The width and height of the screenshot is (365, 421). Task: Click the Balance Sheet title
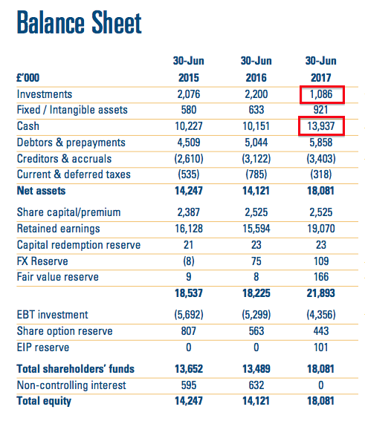[79, 22]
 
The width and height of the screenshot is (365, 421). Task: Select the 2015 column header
[189, 78]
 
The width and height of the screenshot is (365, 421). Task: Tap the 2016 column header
[256, 78]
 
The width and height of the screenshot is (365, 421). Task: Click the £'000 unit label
[28, 78]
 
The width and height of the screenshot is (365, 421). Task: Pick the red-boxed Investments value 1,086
[321, 94]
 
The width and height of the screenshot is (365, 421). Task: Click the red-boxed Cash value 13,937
[321, 126]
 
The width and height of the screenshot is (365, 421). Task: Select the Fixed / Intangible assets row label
[72, 110]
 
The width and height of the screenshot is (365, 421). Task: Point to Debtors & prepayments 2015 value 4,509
[189, 143]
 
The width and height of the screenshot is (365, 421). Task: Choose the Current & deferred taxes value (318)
[321, 174]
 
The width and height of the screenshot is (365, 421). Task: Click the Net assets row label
[41, 191]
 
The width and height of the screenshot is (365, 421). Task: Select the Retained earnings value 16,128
[189, 229]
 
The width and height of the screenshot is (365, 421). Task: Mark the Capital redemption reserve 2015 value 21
[189, 245]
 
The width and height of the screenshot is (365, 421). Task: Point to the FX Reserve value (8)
[189, 261]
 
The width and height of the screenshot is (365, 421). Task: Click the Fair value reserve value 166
[321, 277]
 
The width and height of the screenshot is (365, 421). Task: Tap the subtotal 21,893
[321, 293]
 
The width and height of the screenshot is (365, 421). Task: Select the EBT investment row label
[53, 315]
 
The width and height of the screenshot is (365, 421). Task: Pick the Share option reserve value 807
[189, 331]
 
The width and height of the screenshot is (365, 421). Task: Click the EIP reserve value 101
[321, 347]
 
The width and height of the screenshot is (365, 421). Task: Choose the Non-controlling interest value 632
[256, 385]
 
